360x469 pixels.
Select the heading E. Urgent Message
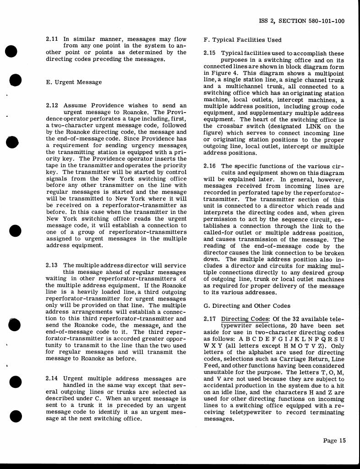(x=74, y=82)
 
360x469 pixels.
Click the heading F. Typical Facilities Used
(x=242, y=40)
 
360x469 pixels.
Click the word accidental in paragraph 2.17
(x=221, y=392)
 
